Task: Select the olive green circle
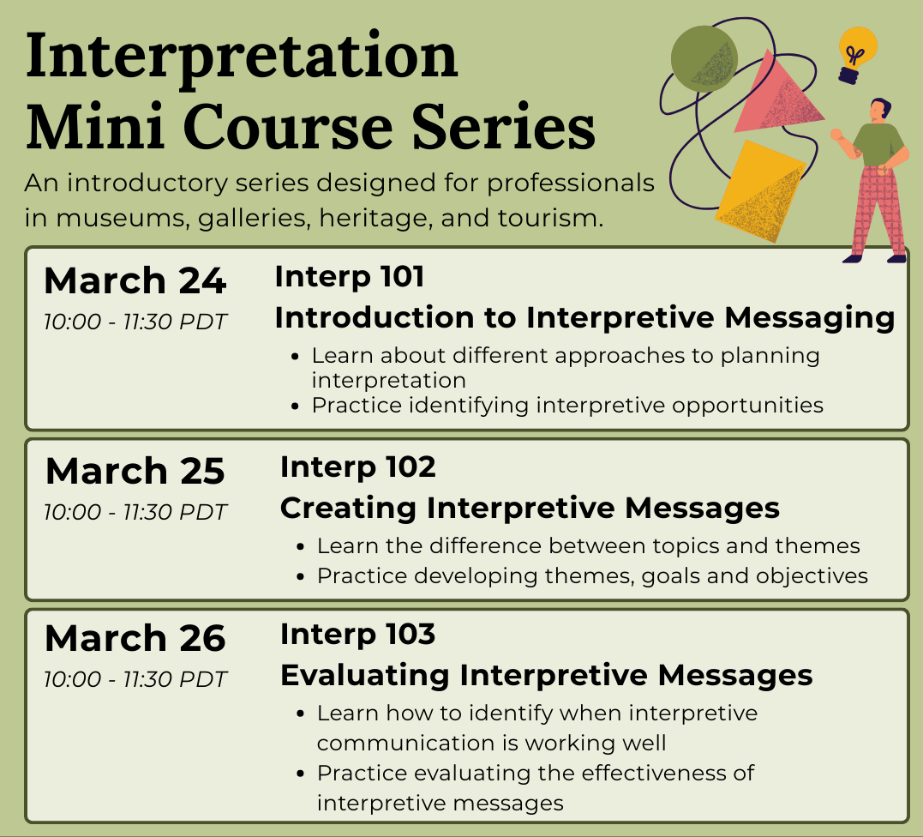[704, 59]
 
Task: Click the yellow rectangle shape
[760, 191]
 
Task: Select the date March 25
[135, 471]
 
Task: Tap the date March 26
[135, 638]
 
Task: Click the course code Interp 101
[349, 277]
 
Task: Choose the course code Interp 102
[358, 467]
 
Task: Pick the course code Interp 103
[358, 635]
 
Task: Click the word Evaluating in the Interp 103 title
[365, 675]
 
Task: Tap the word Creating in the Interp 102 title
[348, 508]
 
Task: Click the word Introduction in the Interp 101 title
[375, 317]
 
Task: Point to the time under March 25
[135, 512]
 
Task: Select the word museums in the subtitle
[123, 218]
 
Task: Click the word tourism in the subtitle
[550, 218]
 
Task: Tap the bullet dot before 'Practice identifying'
[295, 406]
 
